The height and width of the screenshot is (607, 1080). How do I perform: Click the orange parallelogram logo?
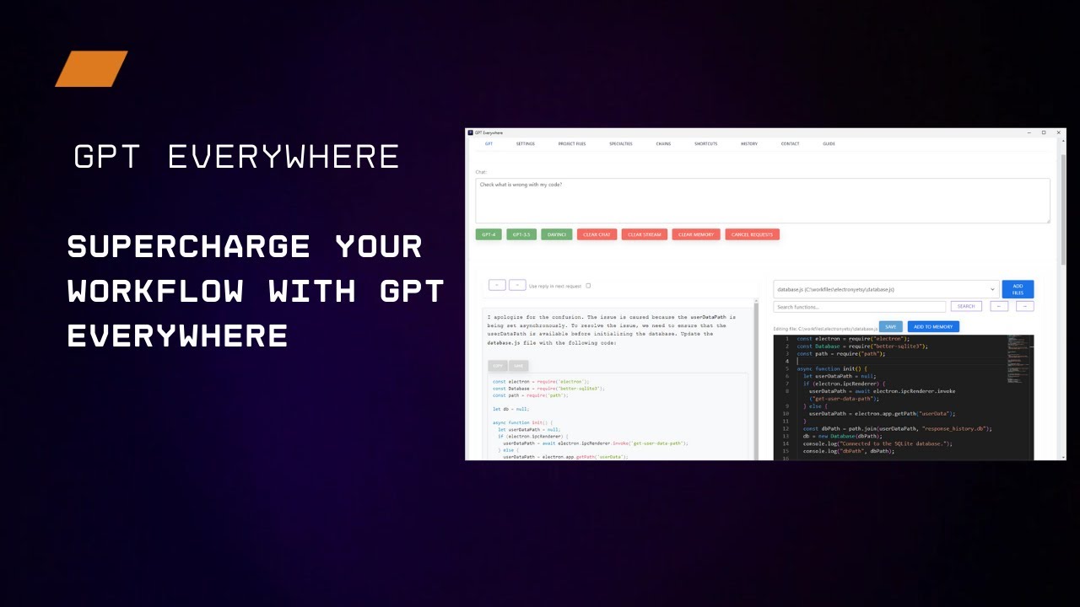coord(91,69)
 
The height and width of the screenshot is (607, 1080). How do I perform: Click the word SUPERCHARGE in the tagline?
coord(189,246)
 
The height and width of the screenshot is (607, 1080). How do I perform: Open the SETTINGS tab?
coord(526,144)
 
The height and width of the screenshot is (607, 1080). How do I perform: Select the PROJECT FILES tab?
coord(572,144)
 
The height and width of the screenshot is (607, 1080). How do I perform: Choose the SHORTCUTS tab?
coord(706,144)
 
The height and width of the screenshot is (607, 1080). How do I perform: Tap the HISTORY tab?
coord(749,144)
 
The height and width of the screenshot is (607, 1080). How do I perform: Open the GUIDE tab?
coord(829,144)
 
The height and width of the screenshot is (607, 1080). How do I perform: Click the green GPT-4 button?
coord(489,234)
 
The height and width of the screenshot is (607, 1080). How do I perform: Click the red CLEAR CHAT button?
coord(597,234)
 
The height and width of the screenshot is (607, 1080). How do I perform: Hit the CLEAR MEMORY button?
coord(696,234)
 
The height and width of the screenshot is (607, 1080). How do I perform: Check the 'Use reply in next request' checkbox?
coord(588,286)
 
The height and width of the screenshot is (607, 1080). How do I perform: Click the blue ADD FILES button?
coord(1018,289)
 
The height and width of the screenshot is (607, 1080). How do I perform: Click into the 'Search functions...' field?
coord(859,307)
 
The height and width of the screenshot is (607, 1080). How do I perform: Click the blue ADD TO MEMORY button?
coord(933,326)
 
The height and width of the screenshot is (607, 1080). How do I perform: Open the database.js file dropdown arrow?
coord(992,289)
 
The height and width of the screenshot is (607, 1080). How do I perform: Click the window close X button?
coord(1058,132)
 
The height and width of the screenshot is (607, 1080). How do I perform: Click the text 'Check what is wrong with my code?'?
coord(521,185)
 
